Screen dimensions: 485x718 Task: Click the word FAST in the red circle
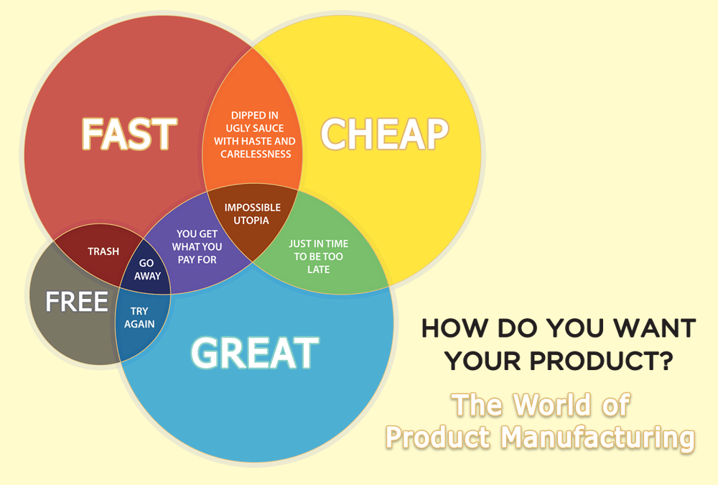click(129, 134)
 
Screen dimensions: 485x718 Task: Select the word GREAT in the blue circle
click(254, 353)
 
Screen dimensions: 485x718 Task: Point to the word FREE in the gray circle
click(77, 302)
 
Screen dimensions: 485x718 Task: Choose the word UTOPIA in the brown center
click(252, 221)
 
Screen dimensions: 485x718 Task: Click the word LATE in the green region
click(319, 269)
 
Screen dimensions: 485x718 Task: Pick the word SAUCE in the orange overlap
click(269, 128)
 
